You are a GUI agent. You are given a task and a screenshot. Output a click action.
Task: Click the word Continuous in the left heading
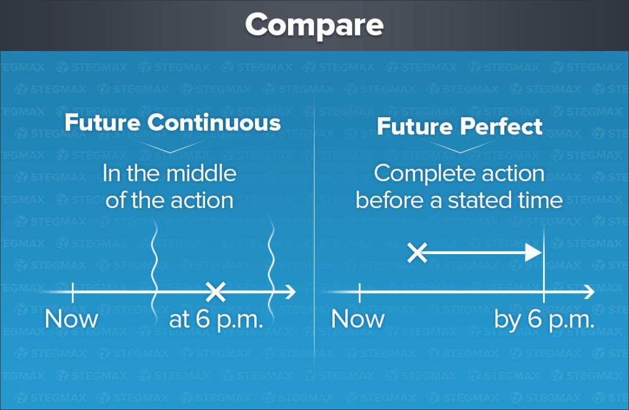coord(214,122)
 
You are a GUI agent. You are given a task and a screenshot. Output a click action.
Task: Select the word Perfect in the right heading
coord(501,126)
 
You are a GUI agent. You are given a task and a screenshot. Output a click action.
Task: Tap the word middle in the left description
coord(201,174)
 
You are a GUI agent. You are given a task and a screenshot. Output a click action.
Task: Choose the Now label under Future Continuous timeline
coord(71,319)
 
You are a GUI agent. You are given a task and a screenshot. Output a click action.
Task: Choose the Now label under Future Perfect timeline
coord(358,319)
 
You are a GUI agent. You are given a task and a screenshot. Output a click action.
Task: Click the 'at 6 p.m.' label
coord(216,320)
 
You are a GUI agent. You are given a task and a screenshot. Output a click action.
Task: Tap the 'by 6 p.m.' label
coord(544,320)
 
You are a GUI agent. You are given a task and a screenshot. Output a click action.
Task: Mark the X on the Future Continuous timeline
coord(216,292)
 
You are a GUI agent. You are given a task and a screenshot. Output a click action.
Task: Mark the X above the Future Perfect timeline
coord(417,252)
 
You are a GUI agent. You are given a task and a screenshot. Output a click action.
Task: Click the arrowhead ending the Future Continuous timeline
coord(291,292)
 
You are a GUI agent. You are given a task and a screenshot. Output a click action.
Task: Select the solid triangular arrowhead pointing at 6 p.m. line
coord(534,252)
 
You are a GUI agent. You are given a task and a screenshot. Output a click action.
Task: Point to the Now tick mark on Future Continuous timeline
coord(72,292)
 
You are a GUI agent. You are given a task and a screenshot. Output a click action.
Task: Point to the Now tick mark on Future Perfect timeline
coord(359,292)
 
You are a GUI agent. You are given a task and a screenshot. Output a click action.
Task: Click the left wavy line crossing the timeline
coord(154,273)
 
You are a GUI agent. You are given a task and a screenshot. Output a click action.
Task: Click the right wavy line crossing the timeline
coord(272,273)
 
